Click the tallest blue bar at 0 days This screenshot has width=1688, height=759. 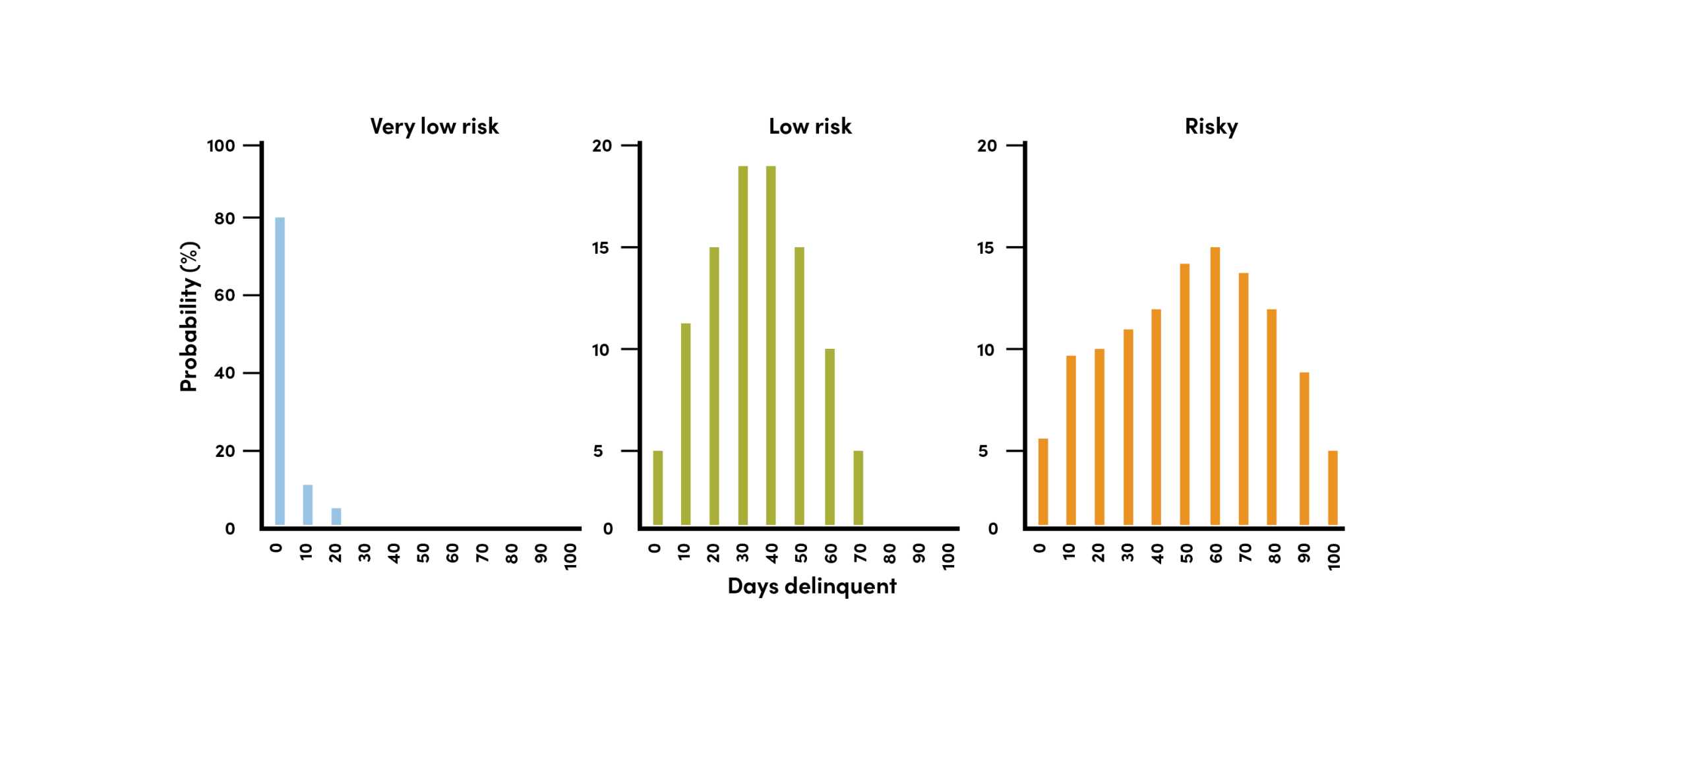(x=280, y=371)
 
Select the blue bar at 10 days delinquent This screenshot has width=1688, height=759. (x=307, y=504)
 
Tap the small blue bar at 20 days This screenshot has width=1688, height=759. (x=336, y=516)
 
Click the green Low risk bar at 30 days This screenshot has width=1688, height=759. (x=742, y=345)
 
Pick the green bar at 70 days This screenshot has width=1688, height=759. (x=858, y=487)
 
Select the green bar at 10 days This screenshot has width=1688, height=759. (x=685, y=423)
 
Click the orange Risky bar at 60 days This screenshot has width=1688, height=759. (x=1215, y=386)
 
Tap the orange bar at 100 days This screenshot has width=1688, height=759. (x=1332, y=487)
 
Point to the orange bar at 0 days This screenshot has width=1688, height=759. (x=1042, y=481)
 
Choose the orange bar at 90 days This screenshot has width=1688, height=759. (x=1304, y=448)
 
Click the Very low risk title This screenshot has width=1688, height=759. (x=434, y=126)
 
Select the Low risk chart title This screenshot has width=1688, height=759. (x=810, y=126)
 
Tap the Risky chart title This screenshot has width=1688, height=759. (x=1211, y=126)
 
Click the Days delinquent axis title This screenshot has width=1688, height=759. (x=811, y=586)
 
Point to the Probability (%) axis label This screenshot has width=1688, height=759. (x=189, y=317)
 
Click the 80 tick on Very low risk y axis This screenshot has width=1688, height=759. (x=224, y=218)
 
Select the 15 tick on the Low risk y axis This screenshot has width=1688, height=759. (x=600, y=248)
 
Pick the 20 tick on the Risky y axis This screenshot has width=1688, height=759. (x=986, y=146)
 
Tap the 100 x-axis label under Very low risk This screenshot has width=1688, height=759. (x=570, y=556)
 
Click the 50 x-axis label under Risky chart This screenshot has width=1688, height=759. (x=1186, y=553)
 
